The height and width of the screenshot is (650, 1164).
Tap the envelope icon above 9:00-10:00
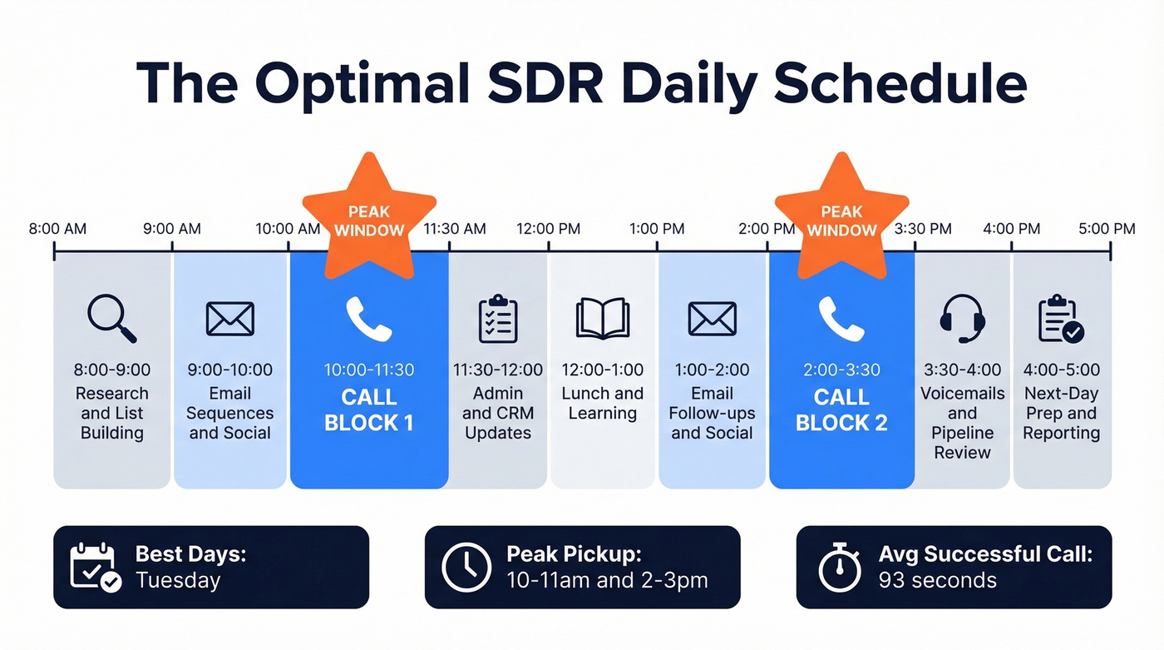coord(230,319)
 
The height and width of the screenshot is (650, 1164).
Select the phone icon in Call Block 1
coord(368,319)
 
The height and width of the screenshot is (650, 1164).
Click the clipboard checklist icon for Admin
coord(498,319)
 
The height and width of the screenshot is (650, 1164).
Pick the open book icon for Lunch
coord(603,319)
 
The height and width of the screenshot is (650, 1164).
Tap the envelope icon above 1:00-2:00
coord(712,319)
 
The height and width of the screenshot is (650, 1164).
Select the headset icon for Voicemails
coord(962,319)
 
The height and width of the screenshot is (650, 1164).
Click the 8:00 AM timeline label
coord(57,229)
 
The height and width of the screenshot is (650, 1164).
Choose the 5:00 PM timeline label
coord(1107,229)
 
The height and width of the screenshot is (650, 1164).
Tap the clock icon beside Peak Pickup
coord(466,567)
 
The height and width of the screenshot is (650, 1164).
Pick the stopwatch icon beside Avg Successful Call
coord(839,567)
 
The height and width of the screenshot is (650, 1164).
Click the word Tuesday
coord(178,580)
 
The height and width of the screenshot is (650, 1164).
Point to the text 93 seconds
coord(937,580)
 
